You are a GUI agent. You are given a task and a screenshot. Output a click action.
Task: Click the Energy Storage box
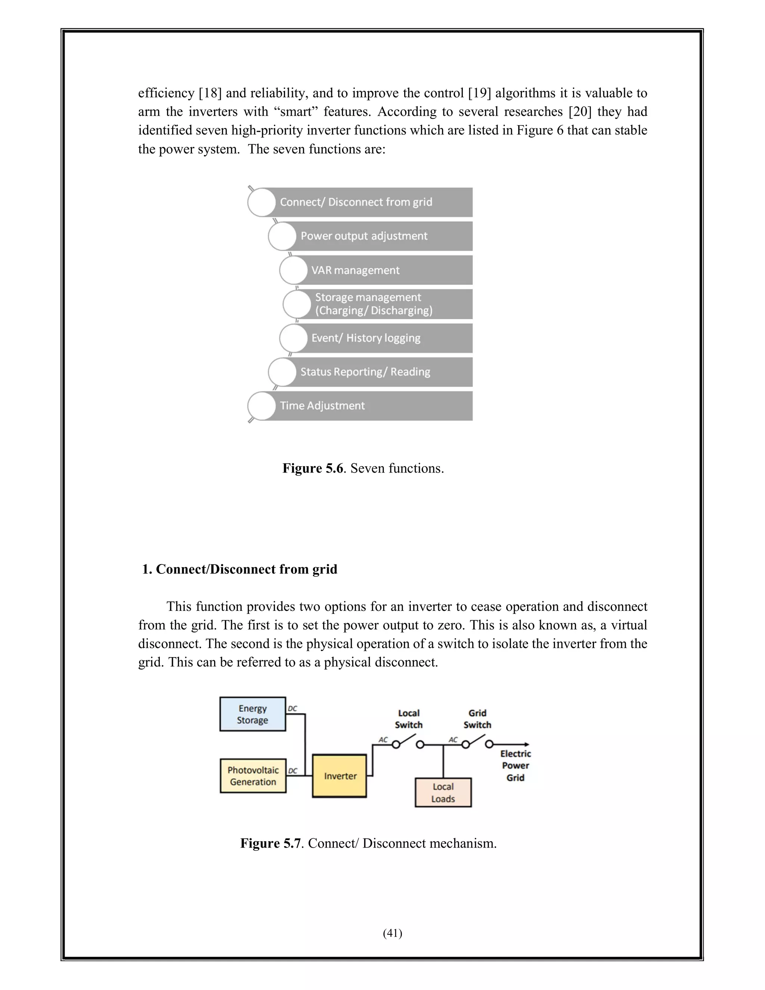coord(253,714)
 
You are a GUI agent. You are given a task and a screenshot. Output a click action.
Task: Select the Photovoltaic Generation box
coord(253,776)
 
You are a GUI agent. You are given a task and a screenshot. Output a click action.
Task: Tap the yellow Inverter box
coord(340,776)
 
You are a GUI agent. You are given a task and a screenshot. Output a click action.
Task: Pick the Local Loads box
coord(443,792)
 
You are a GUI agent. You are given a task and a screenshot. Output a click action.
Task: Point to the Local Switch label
coord(408,719)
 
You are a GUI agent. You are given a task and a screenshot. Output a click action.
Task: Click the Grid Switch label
coord(477,719)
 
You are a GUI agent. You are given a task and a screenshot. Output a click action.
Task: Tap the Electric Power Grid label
coord(515,765)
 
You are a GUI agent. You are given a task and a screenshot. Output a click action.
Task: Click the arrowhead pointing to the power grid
coord(526,744)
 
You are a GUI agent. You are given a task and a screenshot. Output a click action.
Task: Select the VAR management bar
coord(381,270)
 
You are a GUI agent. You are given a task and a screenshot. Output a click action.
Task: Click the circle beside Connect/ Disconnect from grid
coord(261,202)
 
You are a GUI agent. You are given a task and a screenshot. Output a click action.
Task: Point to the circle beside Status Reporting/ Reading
coord(282,372)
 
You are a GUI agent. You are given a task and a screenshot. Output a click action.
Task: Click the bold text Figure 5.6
coord(313,468)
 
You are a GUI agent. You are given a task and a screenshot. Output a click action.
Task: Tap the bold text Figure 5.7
coord(270,843)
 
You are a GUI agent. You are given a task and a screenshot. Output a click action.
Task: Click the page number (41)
coord(393,933)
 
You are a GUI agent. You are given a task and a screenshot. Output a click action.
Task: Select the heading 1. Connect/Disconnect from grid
coord(240,569)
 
